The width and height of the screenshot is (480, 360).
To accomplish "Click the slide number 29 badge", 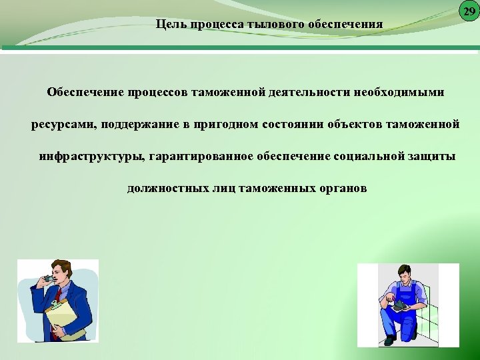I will click(x=469, y=11).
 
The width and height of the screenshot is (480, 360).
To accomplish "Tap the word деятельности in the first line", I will click(x=314, y=91).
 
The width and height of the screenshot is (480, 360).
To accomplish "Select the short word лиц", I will click(x=218, y=189).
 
